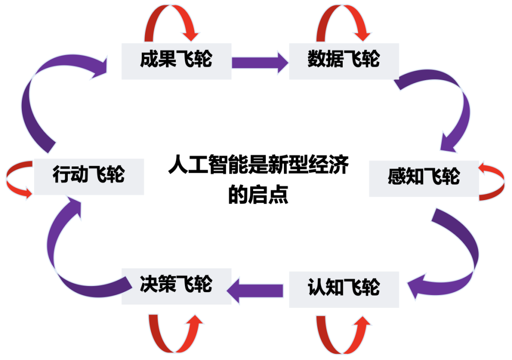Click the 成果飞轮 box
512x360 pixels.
point(176,61)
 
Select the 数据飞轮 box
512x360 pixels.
point(344,61)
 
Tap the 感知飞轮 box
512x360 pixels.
point(424,178)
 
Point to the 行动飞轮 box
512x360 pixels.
point(89,176)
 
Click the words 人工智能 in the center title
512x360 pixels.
point(197,167)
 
